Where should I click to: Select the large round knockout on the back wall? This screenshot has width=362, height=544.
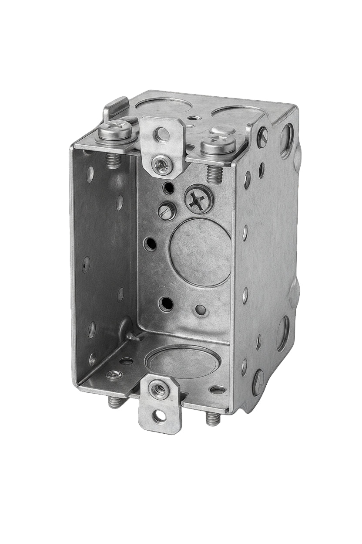coord(200,252)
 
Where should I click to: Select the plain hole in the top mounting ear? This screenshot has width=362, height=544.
coord(163,133)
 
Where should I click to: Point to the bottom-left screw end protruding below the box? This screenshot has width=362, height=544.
coord(113,402)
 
